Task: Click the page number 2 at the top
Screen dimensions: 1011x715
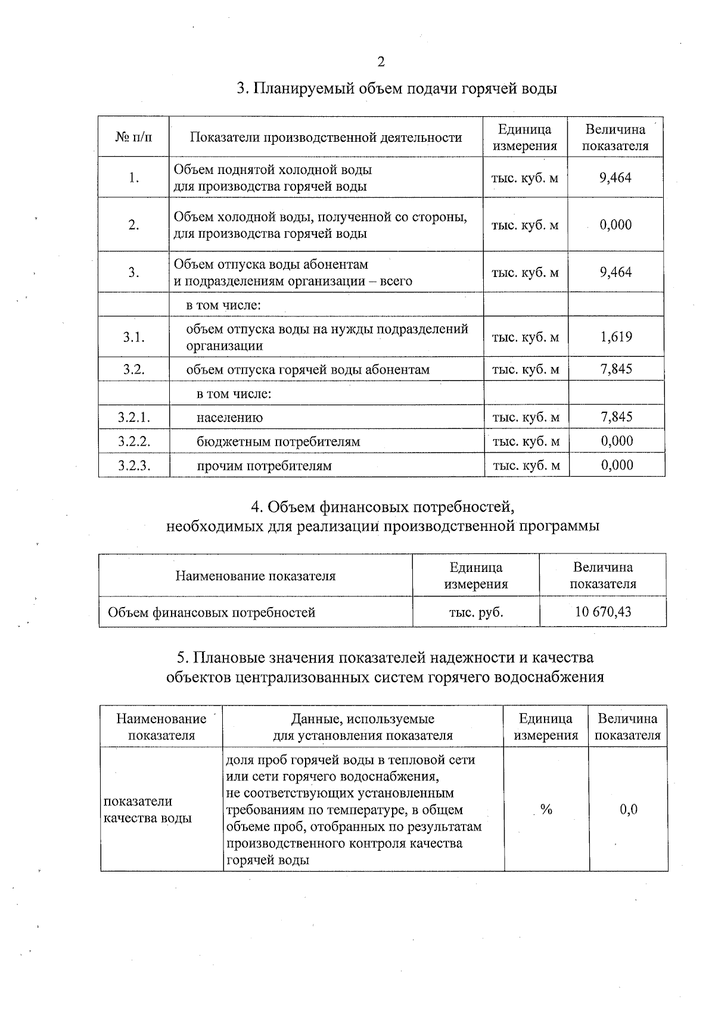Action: coord(381,62)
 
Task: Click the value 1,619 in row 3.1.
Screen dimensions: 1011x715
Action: coord(616,337)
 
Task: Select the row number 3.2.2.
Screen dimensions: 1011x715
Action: coord(134,441)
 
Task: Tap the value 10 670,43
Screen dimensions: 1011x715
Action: coord(603,612)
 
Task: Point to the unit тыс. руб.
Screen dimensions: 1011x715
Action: coord(475,612)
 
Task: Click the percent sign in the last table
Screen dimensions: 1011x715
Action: coord(546,809)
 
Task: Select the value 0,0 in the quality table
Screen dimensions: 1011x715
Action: coord(628,809)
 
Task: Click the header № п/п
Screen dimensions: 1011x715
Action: coord(133,138)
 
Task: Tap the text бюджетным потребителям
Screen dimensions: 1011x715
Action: coord(278,442)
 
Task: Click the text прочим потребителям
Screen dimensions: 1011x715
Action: coord(264,466)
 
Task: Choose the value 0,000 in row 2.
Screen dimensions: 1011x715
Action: coord(615,225)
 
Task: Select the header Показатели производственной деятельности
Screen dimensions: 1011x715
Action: coord(326,138)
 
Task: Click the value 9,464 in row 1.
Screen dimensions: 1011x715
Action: coord(615,178)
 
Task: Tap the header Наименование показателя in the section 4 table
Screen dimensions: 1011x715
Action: coord(255,576)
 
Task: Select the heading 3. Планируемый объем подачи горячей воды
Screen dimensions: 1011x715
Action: coord(397,89)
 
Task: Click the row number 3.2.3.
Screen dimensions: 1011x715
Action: coord(134,465)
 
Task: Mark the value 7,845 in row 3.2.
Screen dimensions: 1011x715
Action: coord(616,369)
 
